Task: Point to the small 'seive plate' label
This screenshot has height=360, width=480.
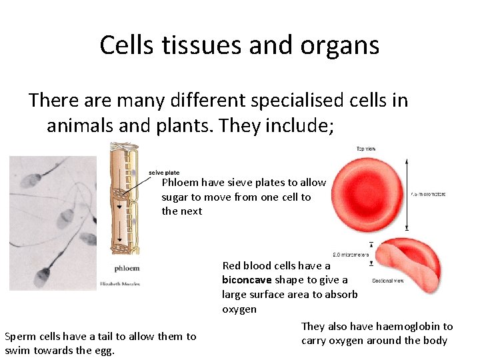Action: tap(163, 173)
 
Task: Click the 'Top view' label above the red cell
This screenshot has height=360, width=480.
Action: tap(365, 149)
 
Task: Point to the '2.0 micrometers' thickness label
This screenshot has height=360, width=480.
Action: tap(351, 254)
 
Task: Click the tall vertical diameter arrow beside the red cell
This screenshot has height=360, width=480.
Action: tap(407, 194)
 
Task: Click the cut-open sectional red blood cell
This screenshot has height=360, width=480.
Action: tap(404, 264)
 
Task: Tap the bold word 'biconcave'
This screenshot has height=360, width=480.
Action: tap(247, 280)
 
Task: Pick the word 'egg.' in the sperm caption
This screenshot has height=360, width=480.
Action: tap(105, 351)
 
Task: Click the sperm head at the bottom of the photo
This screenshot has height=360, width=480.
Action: tap(44, 273)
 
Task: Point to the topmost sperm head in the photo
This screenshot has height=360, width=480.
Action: tap(31, 178)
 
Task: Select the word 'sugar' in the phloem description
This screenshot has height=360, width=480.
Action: tap(175, 197)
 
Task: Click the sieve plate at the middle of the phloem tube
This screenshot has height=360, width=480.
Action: tap(122, 197)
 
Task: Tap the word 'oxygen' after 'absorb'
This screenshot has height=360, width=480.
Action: tap(239, 309)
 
